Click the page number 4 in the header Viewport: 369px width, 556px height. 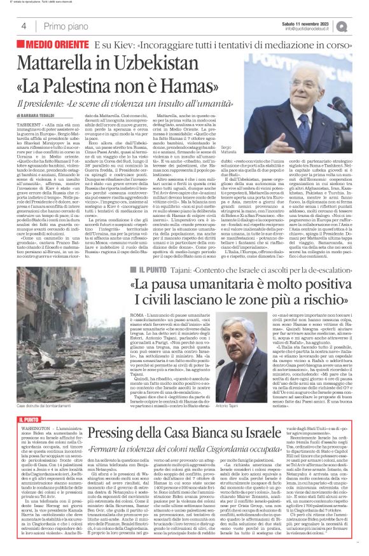(24, 26)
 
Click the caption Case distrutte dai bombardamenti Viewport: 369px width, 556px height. (41, 389)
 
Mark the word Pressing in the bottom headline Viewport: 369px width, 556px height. (116, 415)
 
